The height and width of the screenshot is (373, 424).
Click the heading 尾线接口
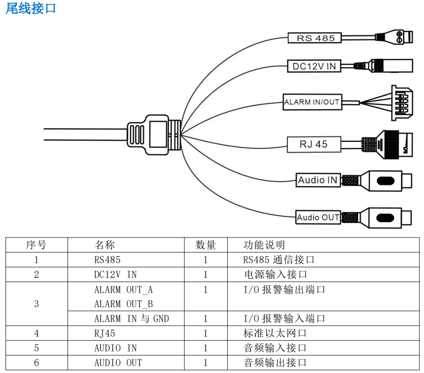(x=30, y=8)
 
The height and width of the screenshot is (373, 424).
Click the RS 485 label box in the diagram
(x=315, y=38)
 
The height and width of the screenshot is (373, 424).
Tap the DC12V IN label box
(x=314, y=66)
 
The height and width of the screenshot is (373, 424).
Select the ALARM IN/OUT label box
(x=312, y=102)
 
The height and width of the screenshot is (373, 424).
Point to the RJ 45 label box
(x=314, y=144)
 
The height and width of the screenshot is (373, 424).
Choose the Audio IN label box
(x=318, y=180)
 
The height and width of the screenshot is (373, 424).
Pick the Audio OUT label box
(x=318, y=217)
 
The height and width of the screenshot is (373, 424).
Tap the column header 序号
(x=36, y=245)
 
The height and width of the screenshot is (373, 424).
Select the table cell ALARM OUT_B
(x=123, y=304)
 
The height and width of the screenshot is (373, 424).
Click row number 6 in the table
(x=36, y=362)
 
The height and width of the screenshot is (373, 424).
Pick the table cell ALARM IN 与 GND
(x=132, y=318)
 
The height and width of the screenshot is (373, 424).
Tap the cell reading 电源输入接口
(x=275, y=275)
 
